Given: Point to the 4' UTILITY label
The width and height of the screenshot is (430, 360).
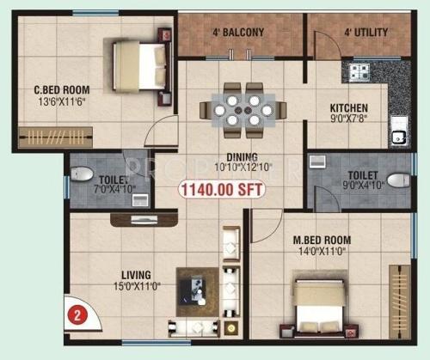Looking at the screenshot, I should (365, 34).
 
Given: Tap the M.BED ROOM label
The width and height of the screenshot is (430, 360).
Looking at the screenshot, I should (326, 240).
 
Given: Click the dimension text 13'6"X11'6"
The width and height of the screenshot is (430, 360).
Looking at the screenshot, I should (62, 101).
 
